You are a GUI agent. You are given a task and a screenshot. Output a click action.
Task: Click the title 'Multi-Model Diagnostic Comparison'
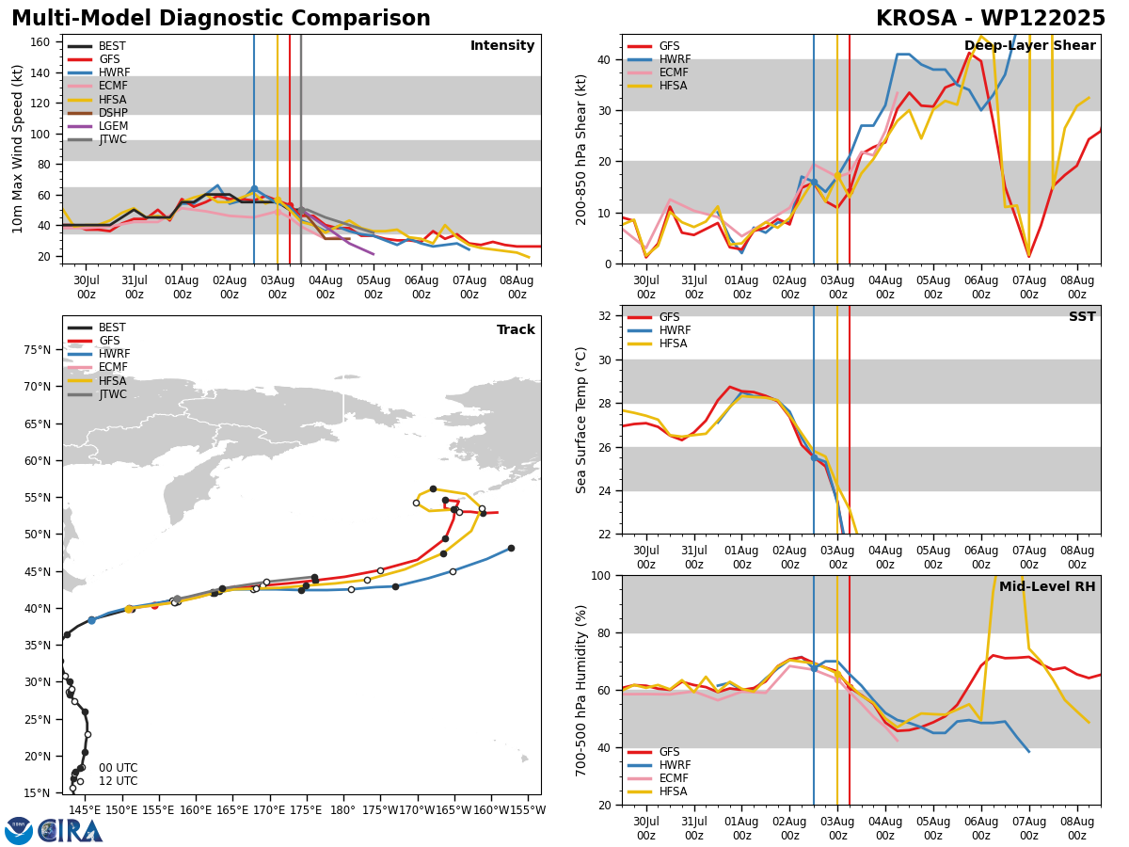[221, 18]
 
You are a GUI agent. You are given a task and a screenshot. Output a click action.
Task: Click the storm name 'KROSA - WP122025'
[991, 18]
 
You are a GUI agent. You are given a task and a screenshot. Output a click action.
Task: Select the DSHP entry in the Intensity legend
[98, 113]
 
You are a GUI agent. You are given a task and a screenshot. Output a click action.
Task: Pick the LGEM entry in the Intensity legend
[98, 126]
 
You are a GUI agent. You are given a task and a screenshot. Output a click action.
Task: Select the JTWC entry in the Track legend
[97, 394]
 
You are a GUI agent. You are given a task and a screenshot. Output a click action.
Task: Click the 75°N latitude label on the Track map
[38, 350]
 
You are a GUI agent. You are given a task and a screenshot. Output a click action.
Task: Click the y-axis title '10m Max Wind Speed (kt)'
[17, 149]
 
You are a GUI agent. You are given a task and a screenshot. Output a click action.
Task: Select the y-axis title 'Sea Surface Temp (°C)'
[580, 420]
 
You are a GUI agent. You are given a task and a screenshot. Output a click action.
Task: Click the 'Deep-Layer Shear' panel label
[1029, 45]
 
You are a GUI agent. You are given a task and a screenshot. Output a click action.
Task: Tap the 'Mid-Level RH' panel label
[1047, 586]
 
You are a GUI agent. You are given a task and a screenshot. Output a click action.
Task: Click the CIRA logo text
[71, 831]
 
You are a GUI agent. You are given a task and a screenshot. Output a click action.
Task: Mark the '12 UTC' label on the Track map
[119, 781]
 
